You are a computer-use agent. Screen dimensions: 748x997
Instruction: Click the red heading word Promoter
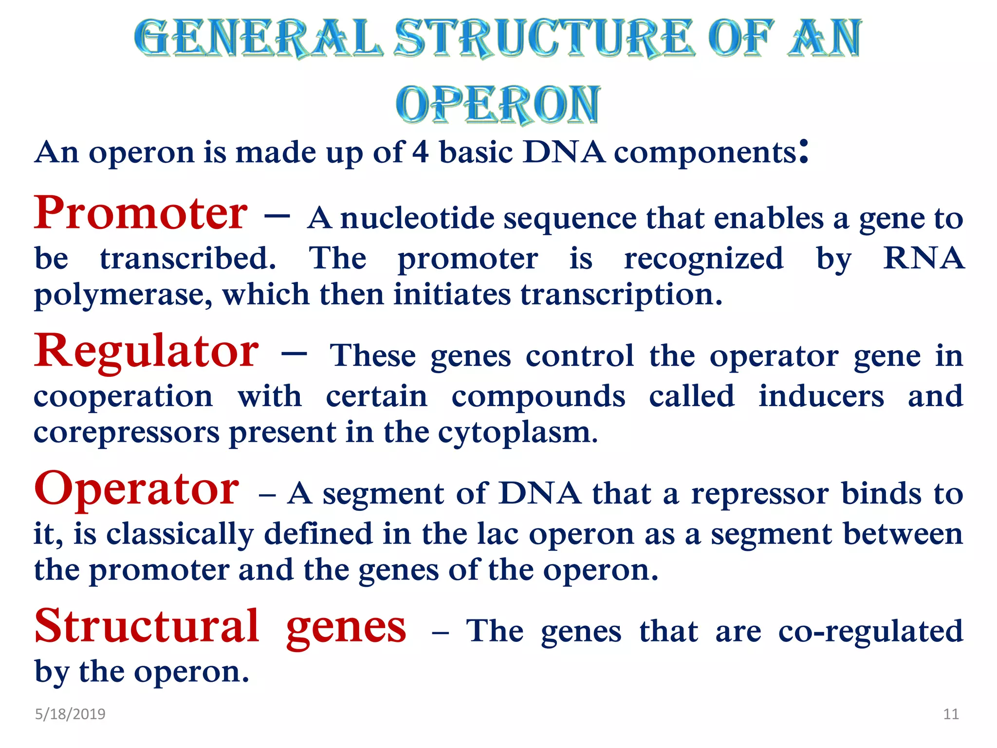pos(141,213)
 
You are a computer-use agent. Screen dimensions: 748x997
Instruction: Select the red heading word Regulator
pos(146,352)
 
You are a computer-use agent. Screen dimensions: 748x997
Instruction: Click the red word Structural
pos(147,626)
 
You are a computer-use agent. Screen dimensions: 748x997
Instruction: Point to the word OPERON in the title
pos(498,104)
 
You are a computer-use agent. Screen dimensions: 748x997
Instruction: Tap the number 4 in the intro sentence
pos(421,152)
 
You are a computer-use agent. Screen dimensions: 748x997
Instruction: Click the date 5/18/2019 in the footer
pos(70,714)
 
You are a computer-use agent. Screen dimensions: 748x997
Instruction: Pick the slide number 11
pos(951,714)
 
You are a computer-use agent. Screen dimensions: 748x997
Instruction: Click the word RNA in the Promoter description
pos(923,258)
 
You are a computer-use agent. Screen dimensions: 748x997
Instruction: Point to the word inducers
pos(821,395)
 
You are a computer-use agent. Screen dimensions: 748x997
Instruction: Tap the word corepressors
pos(127,432)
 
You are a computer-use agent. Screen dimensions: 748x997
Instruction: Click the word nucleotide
pos(417,218)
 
